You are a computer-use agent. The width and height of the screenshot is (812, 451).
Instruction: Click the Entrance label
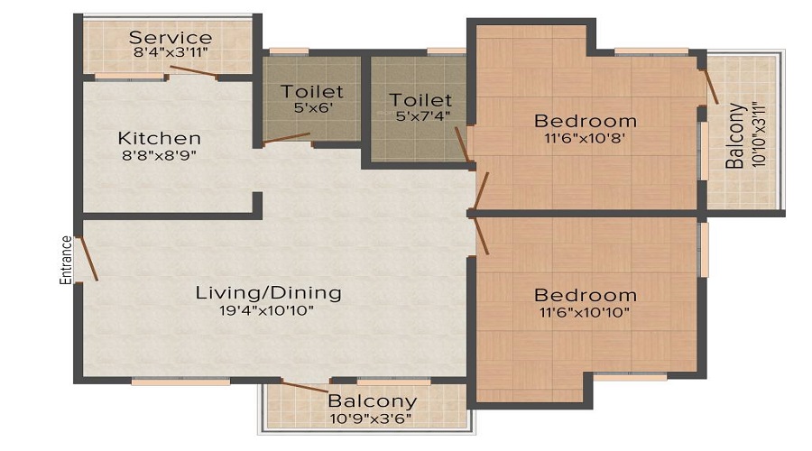pyautogui.click(x=66, y=260)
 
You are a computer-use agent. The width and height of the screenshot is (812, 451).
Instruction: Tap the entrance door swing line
pyautogui.click(x=88, y=259)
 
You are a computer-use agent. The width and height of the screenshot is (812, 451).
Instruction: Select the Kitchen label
pyautogui.click(x=160, y=138)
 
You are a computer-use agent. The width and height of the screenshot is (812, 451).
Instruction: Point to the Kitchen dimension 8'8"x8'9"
pyautogui.click(x=160, y=155)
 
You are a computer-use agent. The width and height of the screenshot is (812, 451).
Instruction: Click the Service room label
pyautogui.click(x=171, y=37)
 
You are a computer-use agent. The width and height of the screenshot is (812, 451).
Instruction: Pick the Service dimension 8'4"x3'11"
pyautogui.click(x=171, y=52)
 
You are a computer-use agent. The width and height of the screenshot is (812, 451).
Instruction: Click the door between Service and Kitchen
pyautogui.click(x=194, y=72)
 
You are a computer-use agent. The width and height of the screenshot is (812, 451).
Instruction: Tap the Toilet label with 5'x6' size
pyautogui.click(x=312, y=92)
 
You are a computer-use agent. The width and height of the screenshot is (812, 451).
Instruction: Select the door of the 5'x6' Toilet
pyautogui.click(x=286, y=138)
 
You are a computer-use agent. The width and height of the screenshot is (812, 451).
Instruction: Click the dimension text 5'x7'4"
pyautogui.click(x=422, y=116)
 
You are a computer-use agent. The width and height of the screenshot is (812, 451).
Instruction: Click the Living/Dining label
pyautogui.click(x=268, y=292)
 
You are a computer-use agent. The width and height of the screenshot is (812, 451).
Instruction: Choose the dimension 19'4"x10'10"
pyautogui.click(x=267, y=310)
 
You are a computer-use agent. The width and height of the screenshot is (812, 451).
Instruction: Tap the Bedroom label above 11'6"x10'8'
pyautogui.click(x=586, y=121)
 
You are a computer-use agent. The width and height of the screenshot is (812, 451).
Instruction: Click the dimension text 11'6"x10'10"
pyautogui.click(x=585, y=312)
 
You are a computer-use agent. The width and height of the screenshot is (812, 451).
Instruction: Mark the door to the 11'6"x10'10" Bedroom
pyautogui.click(x=481, y=235)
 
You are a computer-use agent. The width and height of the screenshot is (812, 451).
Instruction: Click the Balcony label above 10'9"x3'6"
pyautogui.click(x=372, y=400)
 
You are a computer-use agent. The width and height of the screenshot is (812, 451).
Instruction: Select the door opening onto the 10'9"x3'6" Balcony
pyautogui.click(x=305, y=387)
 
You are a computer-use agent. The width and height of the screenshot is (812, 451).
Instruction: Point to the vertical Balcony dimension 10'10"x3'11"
pyautogui.click(x=758, y=134)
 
